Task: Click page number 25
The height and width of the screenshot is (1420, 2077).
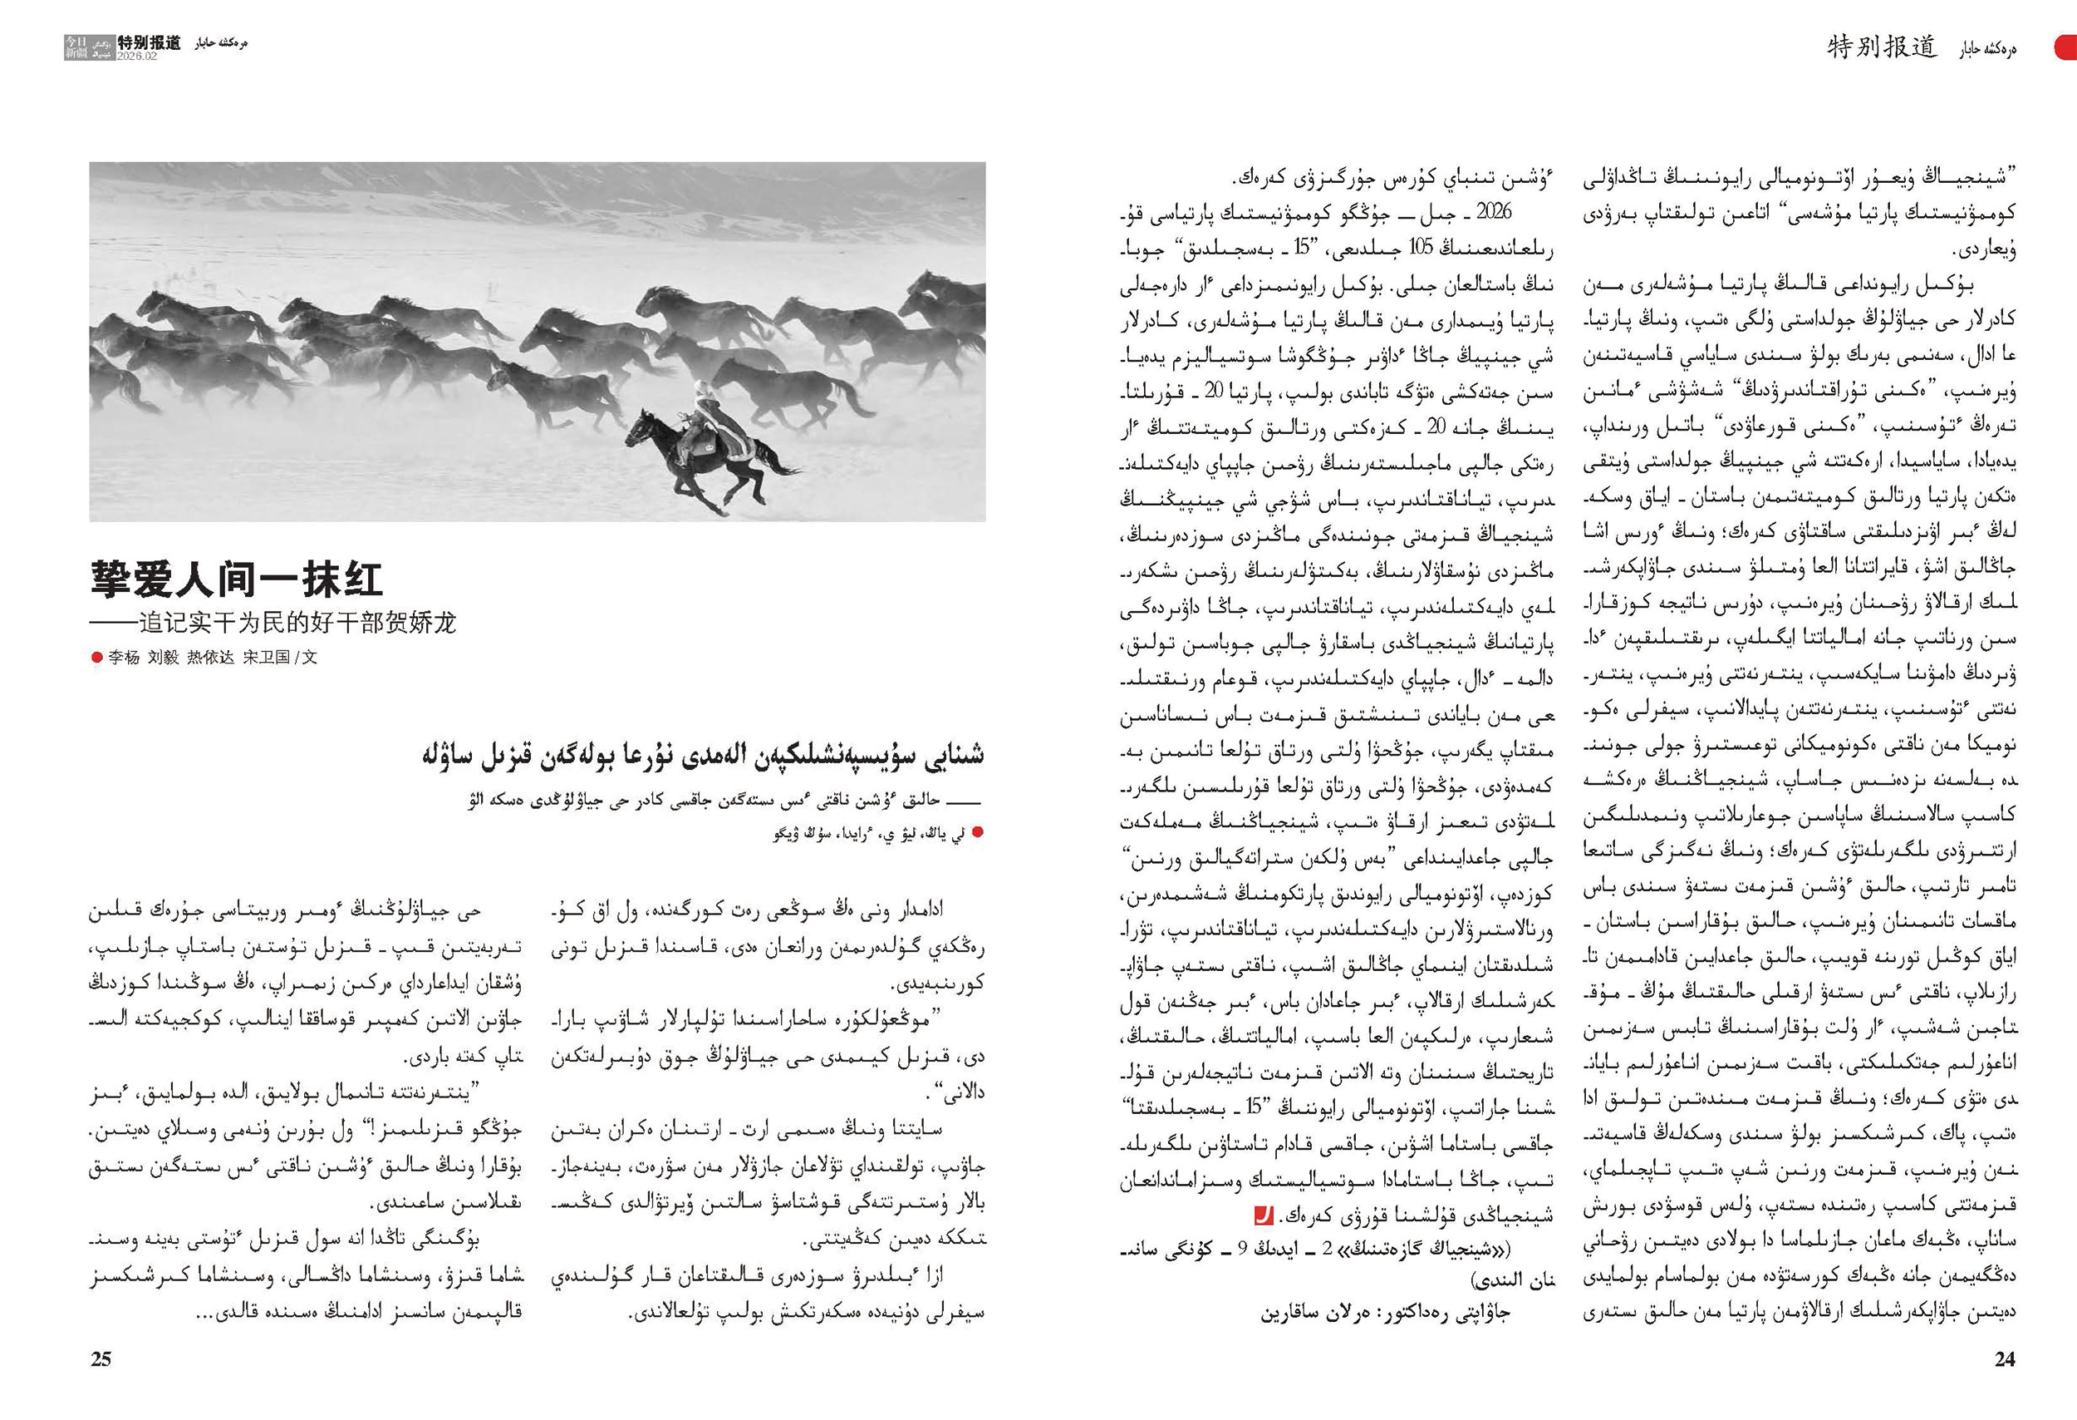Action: tap(101, 1359)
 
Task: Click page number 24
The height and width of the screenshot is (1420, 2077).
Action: tap(2005, 1359)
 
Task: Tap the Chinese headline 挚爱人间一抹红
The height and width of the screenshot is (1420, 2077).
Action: tap(237, 579)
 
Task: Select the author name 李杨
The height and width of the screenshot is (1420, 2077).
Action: tap(125, 658)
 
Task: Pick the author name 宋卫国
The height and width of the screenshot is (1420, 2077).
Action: tap(267, 658)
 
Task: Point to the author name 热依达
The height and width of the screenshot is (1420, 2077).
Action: tap(210, 658)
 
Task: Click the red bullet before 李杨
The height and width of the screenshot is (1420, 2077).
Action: tap(96, 658)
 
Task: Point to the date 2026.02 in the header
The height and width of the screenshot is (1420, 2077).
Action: tap(136, 56)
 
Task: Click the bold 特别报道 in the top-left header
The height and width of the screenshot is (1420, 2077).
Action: tap(150, 42)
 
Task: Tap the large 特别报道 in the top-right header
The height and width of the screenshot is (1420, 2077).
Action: tap(1881, 47)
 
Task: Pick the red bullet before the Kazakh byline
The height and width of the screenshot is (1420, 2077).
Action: tap(977, 832)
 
